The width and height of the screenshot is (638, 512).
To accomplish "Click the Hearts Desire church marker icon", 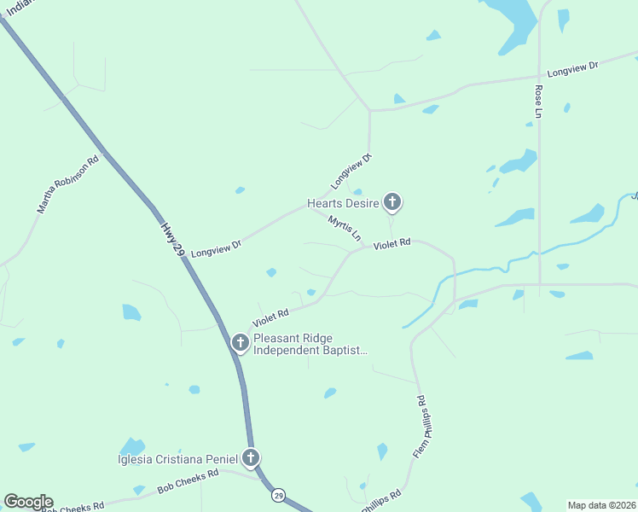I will coord(391,202).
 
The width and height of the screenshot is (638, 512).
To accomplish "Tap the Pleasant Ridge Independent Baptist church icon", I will coord(241,343).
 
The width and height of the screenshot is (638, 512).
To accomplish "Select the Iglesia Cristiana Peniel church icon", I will coord(251,458).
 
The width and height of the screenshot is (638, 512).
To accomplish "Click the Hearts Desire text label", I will coord(344,204).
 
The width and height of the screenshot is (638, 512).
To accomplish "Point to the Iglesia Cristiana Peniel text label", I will coord(177,460).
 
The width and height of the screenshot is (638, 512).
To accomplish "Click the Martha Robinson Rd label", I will coord(67,184).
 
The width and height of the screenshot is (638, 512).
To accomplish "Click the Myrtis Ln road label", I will coord(345,227).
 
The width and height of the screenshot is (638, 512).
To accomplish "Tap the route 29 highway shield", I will coord(278,495).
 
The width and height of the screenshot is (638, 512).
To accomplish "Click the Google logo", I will coord(28,502).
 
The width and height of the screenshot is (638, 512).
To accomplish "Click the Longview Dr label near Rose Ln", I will coord(573,68).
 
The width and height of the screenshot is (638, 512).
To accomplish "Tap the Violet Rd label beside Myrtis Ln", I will coord(392,243).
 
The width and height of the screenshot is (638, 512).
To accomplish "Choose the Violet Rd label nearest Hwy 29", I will coord(270,319).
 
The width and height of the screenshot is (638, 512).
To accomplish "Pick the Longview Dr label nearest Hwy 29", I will coord(217,248).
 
